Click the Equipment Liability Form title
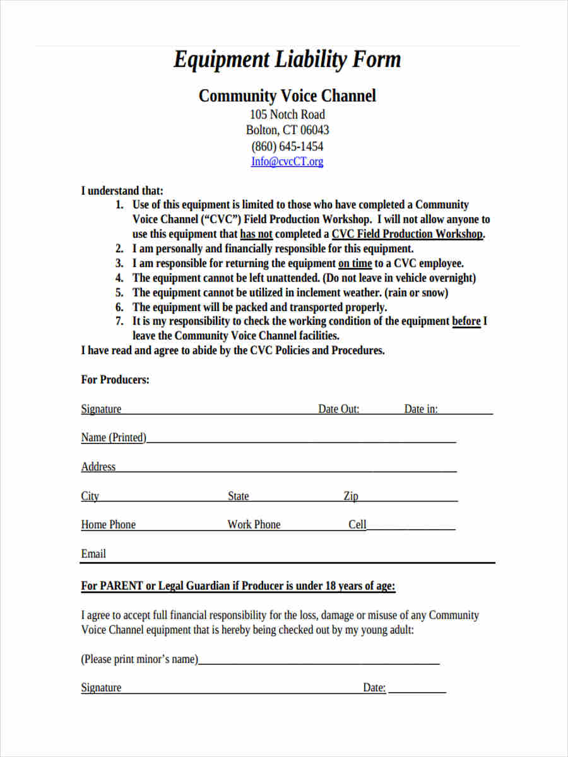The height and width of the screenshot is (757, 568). tap(287, 60)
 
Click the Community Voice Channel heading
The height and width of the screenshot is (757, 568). tap(287, 96)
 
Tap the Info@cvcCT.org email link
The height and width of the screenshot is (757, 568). tap(287, 161)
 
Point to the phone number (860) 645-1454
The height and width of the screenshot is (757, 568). tap(287, 146)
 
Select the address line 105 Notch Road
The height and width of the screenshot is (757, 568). tap(287, 115)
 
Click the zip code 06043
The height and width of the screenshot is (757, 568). tap(314, 131)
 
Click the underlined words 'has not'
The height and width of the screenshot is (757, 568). tap(256, 234)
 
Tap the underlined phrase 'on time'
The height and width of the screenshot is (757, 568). tap(355, 264)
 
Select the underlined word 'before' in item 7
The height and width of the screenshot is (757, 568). tap(466, 321)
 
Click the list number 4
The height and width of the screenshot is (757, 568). tap(119, 278)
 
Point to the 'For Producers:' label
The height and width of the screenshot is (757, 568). tap(115, 380)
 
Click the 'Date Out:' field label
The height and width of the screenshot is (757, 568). tap(339, 409)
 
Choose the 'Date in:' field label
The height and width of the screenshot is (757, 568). tap(421, 409)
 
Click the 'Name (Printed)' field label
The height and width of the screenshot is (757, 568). tap(114, 438)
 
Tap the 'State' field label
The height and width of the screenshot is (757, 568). tap(239, 496)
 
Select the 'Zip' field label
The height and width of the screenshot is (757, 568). tap(351, 496)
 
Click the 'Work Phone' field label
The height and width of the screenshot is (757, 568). tap(254, 525)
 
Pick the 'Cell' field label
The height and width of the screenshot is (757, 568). tap(357, 525)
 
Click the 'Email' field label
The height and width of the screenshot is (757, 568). tap(93, 554)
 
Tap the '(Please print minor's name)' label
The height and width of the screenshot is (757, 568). tap(139, 659)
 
